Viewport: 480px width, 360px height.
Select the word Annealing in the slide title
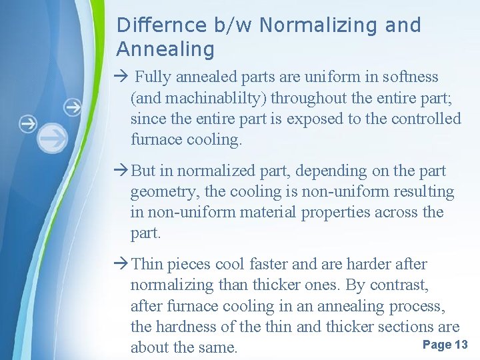(x=165, y=49)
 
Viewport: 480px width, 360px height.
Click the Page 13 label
(x=445, y=345)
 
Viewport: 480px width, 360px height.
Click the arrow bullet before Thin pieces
(x=122, y=264)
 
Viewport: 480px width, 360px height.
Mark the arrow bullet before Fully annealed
(x=122, y=77)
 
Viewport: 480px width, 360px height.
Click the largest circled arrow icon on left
(x=52, y=138)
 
